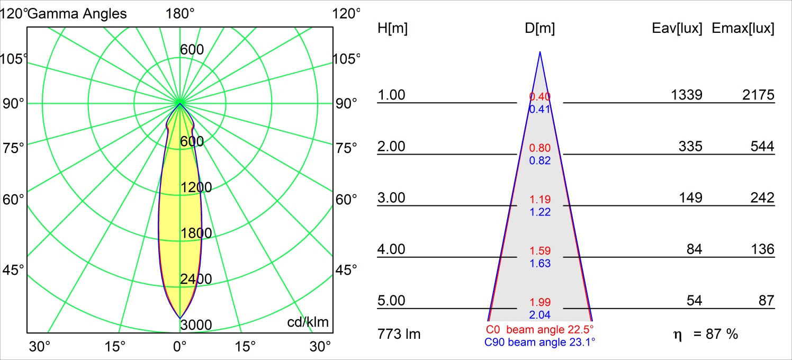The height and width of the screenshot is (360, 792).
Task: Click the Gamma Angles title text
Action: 77,14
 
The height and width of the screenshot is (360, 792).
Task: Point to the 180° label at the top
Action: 180,14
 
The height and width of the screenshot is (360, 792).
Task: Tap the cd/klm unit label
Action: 308,322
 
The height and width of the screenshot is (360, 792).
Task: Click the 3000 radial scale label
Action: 196,325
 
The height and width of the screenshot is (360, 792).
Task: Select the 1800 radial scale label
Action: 196,233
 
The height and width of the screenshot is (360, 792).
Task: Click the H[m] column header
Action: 392,29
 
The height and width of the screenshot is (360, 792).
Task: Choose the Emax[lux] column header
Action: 743,29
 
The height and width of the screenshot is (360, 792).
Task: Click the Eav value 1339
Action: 687,95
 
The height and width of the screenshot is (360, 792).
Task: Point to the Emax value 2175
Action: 758,95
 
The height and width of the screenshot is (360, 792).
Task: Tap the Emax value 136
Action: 762,249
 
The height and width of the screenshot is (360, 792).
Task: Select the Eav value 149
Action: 691,197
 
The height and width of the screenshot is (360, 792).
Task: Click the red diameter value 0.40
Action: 540,96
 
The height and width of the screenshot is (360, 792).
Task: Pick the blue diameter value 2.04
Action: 540,315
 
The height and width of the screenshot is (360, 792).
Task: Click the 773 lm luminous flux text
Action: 399,334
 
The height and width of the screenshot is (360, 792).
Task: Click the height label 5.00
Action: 391,301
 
